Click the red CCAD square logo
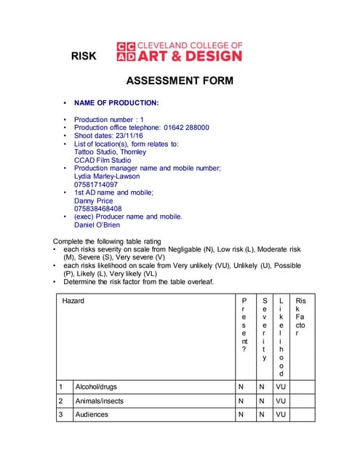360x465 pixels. click(x=126, y=51)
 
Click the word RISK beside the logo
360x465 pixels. click(x=84, y=57)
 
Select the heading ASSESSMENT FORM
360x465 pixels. click(x=180, y=81)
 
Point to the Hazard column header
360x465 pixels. click(x=73, y=301)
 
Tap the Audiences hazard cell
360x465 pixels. click(x=92, y=414)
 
